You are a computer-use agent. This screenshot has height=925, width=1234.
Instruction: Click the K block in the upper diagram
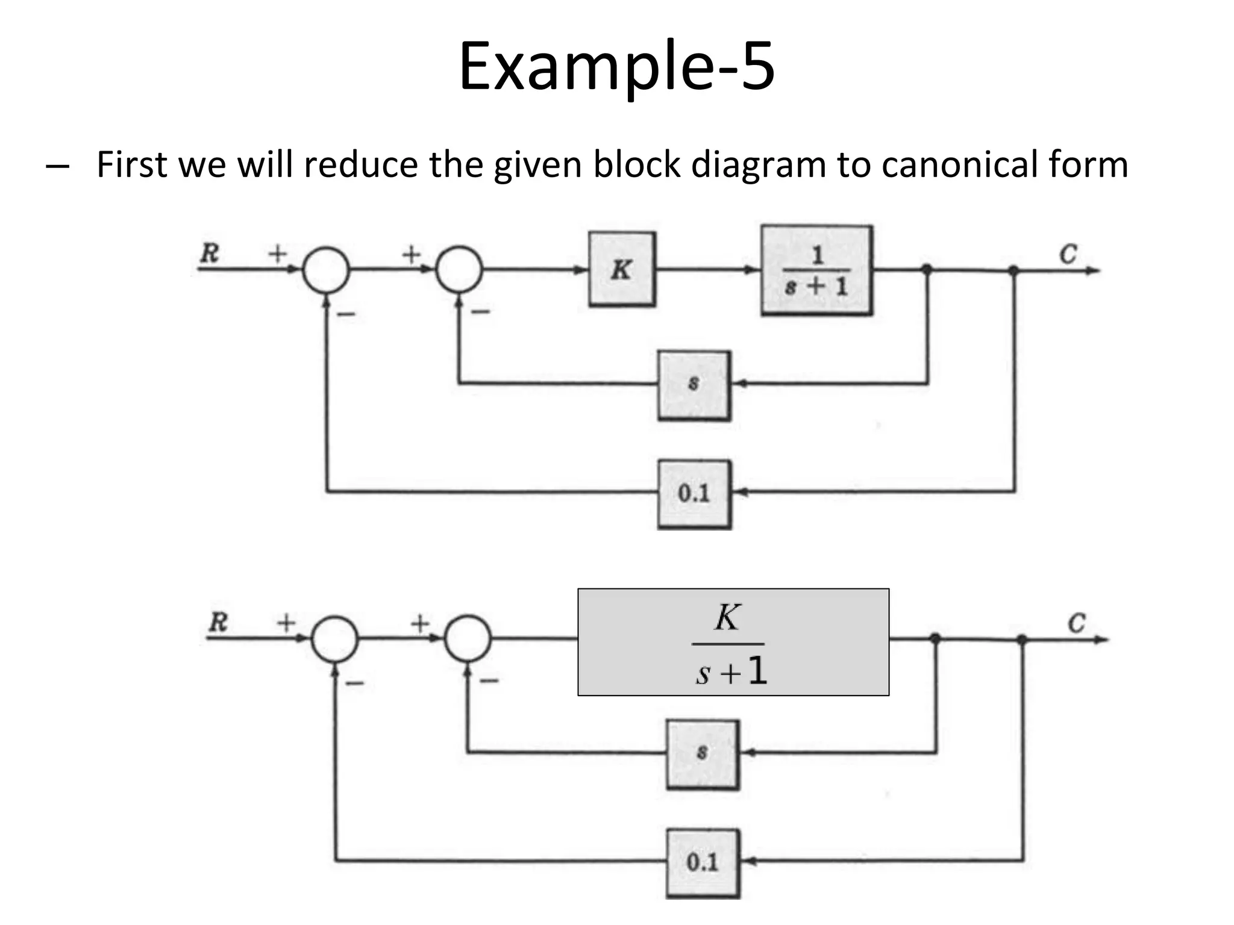pos(622,269)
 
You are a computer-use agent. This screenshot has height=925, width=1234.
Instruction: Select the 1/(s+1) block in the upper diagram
pos(816,270)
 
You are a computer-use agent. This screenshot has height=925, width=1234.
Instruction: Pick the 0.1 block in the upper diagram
pos(694,494)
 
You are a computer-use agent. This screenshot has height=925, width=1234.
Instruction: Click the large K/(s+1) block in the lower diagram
pos(733,642)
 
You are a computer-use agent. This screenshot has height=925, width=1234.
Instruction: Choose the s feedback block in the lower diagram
pos(703,754)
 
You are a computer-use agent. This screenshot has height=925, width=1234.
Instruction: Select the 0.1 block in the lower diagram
pos(703,863)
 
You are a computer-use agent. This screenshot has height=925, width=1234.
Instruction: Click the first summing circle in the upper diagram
pos(326,270)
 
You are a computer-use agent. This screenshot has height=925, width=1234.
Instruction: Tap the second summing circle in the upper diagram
pos(459,269)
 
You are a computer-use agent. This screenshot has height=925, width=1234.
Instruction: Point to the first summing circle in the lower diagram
pos(334,639)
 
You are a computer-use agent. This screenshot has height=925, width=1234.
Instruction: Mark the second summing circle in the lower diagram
pos(468,638)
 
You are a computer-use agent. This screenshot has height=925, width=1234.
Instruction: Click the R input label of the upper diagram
pos(209,253)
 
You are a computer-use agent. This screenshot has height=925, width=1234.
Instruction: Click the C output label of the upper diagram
pos(1068,254)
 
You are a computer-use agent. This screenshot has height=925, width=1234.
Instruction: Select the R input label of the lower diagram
pos(218,622)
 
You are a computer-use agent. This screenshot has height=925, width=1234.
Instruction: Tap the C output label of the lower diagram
pos(1076,623)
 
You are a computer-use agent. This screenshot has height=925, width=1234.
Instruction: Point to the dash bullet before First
pos(57,166)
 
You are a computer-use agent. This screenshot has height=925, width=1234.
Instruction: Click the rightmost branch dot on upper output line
pos(1014,270)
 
